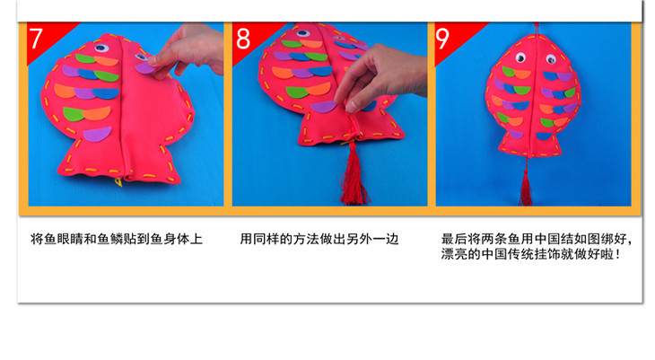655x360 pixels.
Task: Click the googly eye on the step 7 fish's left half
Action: point(100,48)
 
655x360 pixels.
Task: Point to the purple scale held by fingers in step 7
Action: point(145,67)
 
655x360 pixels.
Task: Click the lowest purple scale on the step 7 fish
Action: point(97,135)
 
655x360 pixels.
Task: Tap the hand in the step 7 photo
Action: point(190,48)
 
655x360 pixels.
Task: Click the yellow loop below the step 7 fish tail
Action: point(119,182)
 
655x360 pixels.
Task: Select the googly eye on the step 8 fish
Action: point(303,33)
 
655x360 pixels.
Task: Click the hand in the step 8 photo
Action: point(378,76)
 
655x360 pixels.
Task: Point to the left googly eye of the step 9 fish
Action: point(520,57)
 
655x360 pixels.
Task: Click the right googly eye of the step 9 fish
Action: point(551,59)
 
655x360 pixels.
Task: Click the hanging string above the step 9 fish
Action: point(537,28)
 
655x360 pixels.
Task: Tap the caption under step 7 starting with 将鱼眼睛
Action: point(117,239)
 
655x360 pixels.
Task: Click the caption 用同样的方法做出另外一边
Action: point(319,239)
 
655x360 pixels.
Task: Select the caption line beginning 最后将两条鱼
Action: point(537,239)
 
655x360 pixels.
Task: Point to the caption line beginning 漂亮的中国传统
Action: point(530,254)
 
